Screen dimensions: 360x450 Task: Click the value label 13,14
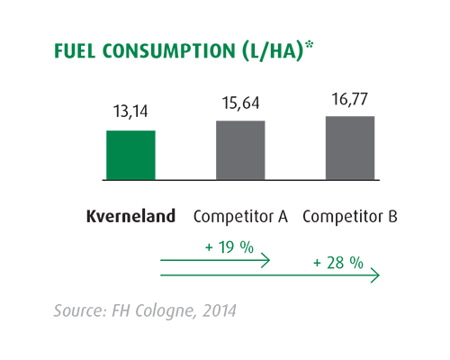tap(130, 113)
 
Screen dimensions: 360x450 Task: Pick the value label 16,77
tap(350, 98)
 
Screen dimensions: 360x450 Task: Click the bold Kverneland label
tap(130, 217)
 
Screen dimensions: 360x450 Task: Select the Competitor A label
tap(240, 217)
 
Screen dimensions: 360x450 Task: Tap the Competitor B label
tap(350, 217)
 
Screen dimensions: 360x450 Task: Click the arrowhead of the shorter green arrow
tap(266, 261)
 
